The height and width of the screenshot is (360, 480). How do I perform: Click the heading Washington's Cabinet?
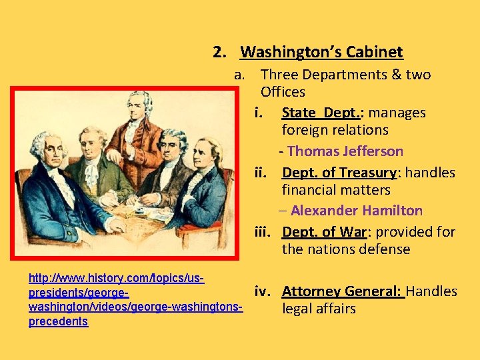[321, 52]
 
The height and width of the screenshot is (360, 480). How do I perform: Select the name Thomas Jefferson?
[345, 151]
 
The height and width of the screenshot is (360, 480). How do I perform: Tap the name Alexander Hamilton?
[356, 211]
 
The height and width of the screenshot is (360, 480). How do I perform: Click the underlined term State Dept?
[322, 113]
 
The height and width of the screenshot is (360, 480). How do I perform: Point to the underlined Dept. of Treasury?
[339, 173]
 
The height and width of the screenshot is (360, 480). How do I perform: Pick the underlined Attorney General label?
[342, 291]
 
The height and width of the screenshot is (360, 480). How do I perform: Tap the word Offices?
[283, 92]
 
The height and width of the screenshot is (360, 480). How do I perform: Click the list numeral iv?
[265, 291]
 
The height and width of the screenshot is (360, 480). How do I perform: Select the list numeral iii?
[265, 232]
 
